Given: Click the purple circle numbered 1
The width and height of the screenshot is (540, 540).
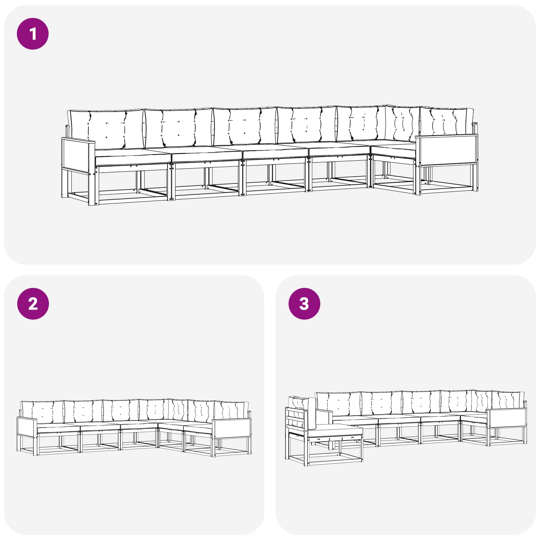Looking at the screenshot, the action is pyautogui.click(x=33, y=34).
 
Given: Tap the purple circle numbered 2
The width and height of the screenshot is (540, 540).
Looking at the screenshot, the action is pyautogui.click(x=33, y=304).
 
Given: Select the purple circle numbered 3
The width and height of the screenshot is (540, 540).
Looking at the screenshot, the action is pyautogui.click(x=304, y=304).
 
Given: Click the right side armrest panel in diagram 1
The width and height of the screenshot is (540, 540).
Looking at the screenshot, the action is pyautogui.click(x=446, y=150).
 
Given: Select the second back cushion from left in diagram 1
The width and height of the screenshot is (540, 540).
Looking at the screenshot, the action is pyautogui.click(x=179, y=128).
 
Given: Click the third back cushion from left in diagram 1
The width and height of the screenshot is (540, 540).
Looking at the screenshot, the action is pyautogui.click(x=245, y=126).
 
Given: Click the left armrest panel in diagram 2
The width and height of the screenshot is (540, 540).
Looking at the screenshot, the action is pyautogui.click(x=27, y=427).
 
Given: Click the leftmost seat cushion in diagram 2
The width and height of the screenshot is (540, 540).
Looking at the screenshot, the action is pyautogui.click(x=58, y=428).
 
